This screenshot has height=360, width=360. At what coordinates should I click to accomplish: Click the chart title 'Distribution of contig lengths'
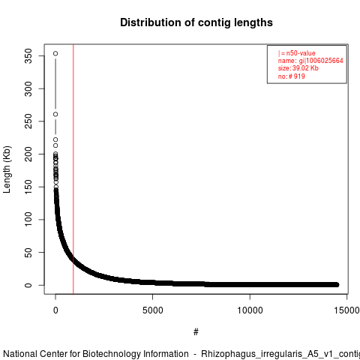(x=196, y=22)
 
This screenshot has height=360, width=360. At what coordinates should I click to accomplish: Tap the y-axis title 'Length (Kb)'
(x=7, y=169)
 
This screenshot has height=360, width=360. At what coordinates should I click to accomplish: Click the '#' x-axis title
(x=196, y=332)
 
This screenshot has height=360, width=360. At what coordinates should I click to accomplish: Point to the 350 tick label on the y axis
(x=28, y=55)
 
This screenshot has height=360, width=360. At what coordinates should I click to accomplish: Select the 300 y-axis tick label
(x=28, y=88)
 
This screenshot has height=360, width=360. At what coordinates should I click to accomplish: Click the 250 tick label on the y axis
(x=28, y=121)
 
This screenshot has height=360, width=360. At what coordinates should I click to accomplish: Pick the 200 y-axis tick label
(x=28, y=154)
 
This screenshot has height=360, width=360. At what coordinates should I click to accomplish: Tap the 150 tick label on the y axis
(x=28, y=187)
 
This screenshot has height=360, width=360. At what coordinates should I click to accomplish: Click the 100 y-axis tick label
(x=28, y=220)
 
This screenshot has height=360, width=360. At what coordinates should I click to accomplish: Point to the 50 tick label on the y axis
(x=28, y=253)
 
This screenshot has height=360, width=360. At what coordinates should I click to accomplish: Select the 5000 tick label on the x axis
(x=152, y=310)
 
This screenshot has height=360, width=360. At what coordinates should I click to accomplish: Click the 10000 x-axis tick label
(x=250, y=310)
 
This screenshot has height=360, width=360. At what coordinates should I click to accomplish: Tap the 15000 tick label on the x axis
(x=347, y=310)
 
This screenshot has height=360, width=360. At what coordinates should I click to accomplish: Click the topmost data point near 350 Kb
(x=55, y=53)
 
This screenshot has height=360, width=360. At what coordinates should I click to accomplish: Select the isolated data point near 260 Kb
(x=55, y=114)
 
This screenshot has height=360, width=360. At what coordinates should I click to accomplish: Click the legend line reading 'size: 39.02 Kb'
(x=298, y=68)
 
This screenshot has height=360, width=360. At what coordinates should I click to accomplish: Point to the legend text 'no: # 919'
(x=292, y=76)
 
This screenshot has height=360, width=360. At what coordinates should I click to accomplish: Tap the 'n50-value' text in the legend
(x=301, y=53)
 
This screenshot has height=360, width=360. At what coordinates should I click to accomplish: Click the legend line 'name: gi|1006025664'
(x=310, y=61)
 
